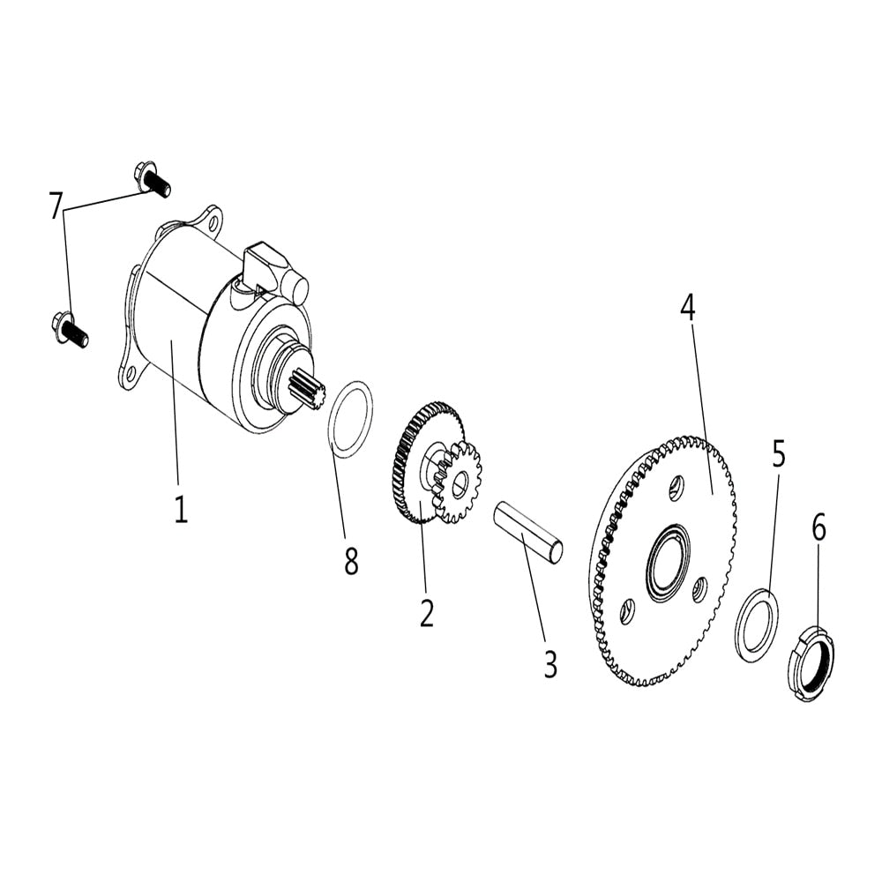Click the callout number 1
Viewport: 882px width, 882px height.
[x=180, y=509]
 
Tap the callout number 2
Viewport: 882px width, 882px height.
[x=427, y=612]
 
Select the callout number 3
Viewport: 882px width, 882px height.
[x=550, y=664]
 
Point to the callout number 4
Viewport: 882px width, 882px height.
[x=687, y=307]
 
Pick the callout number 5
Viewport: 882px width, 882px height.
[x=778, y=453]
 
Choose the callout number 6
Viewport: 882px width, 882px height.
[x=818, y=528]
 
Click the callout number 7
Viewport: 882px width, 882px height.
[x=56, y=206]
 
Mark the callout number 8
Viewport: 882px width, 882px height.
[x=351, y=561]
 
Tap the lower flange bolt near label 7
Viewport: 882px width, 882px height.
[x=71, y=329]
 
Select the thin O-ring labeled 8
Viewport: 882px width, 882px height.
[x=350, y=419]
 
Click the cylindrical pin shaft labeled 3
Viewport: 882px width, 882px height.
[x=527, y=532]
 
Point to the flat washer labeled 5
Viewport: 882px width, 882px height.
[x=757, y=626]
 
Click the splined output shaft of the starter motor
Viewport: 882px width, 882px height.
[x=306, y=389]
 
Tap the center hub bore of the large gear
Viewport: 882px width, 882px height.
[x=668, y=564]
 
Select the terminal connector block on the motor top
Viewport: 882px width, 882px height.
[x=267, y=262]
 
